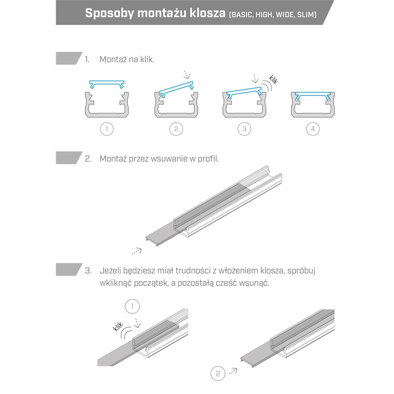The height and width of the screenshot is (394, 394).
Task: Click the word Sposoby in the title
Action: [110, 13]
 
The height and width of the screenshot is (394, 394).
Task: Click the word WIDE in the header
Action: [285, 15]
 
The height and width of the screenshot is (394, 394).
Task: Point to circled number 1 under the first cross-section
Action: [107, 129]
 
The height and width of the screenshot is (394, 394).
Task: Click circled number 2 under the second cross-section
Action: [176, 129]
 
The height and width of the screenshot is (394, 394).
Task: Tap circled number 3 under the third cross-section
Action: [244, 129]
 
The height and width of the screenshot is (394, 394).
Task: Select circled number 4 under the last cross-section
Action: [313, 129]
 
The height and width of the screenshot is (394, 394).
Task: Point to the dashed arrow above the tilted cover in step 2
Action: [186, 75]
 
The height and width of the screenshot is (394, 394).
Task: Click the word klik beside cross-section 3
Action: [274, 79]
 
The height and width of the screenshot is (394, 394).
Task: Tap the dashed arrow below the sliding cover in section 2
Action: [137, 251]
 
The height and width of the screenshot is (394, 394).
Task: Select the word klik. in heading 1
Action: [147, 59]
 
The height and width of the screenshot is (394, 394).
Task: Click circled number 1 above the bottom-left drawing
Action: [132, 306]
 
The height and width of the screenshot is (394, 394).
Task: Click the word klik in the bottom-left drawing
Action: [118, 326]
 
